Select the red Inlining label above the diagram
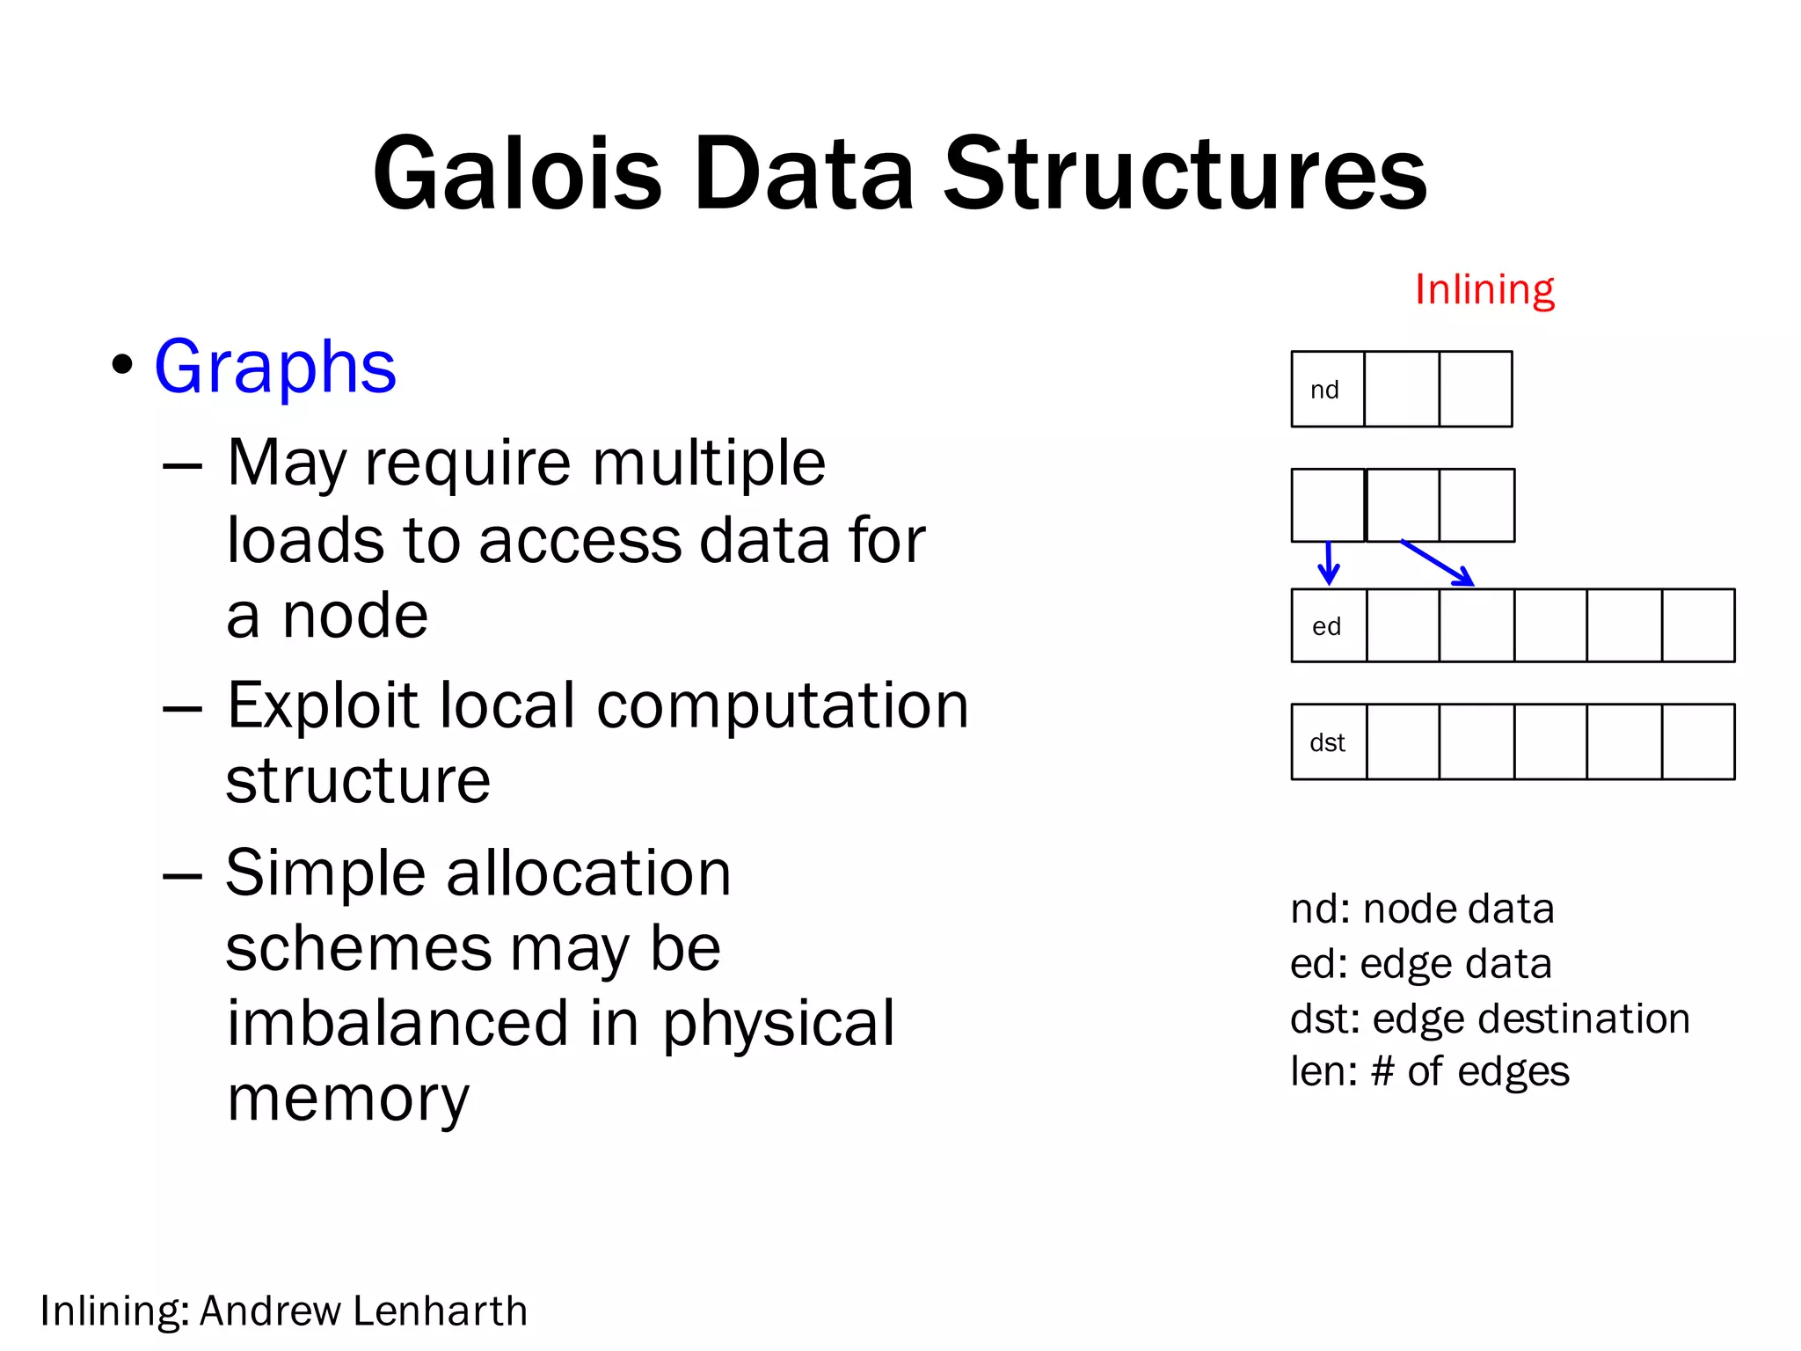1484,289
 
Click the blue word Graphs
275,367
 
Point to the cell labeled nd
1327,390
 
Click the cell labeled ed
1328,626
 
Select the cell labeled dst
1328,742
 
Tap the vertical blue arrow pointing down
1329,563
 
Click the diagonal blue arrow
1437,563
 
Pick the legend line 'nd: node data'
1422,909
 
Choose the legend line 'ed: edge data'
1420,964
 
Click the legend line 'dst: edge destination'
1490,1019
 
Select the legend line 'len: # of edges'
1429,1071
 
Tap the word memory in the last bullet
348,1099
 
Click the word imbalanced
397,1023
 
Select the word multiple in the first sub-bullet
709,463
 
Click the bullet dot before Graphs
122,364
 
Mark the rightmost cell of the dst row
1698,742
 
